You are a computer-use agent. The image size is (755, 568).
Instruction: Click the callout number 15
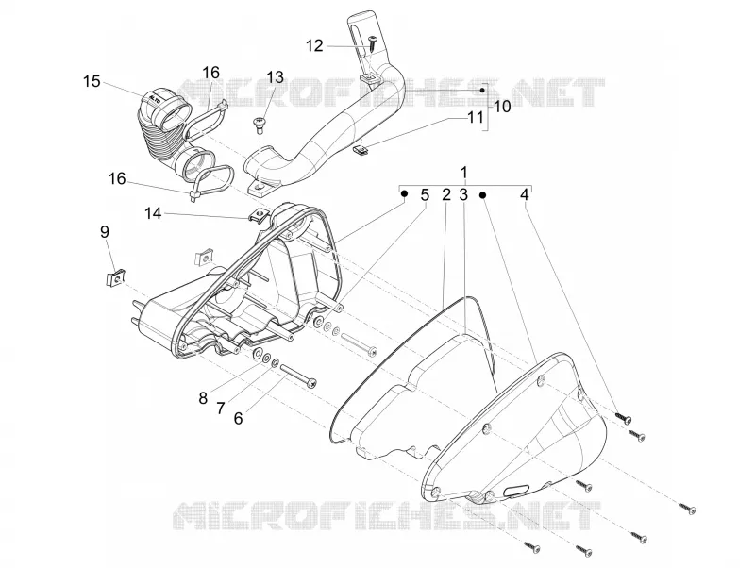(x=92, y=81)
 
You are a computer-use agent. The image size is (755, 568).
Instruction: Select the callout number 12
(x=314, y=45)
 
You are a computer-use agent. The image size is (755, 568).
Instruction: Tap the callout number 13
(x=275, y=76)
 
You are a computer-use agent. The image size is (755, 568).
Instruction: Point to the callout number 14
(x=153, y=213)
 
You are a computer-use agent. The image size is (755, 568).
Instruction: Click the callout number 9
(x=105, y=231)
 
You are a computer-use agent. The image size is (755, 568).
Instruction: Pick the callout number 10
(x=502, y=106)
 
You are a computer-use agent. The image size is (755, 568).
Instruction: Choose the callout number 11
(x=475, y=117)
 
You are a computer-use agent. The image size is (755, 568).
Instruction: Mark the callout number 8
(x=203, y=398)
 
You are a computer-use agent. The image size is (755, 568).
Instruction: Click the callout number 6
(x=239, y=418)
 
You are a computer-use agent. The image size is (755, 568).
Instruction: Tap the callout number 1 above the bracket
(x=464, y=173)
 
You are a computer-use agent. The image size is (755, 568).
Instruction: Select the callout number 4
(x=525, y=194)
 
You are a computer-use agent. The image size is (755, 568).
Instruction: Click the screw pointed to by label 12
(x=373, y=43)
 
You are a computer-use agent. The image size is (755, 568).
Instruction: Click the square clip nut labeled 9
(x=114, y=277)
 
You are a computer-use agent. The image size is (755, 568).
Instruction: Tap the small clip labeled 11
(x=361, y=150)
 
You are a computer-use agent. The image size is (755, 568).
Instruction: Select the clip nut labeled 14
(x=260, y=215)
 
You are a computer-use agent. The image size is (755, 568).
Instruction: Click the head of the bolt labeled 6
(x=313, y=383)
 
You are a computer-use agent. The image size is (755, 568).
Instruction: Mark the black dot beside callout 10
(x=482, y=91)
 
